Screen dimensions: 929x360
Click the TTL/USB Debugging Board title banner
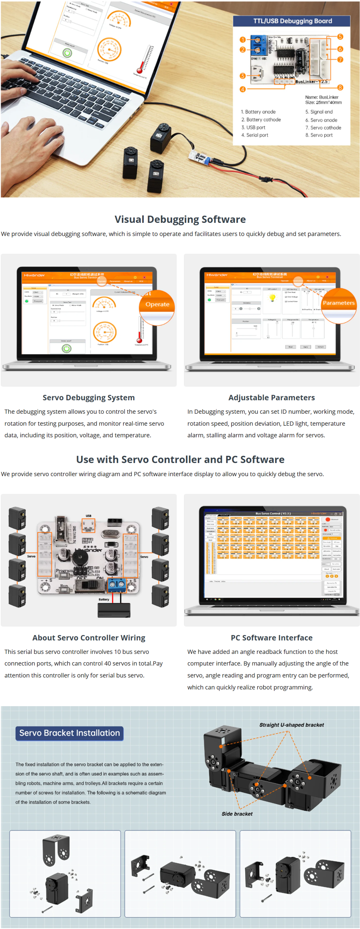click(292, 21)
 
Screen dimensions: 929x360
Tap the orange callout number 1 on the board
click(242, 40)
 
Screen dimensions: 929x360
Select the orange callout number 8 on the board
click(340, 87)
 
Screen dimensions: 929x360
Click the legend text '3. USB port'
click(253, 127)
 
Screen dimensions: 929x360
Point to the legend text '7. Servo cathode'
click(323, 128)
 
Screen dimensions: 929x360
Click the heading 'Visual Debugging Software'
click(180, 219)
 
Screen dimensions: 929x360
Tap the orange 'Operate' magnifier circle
click(157, 305)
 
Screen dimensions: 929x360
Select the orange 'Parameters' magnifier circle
click(339, 303)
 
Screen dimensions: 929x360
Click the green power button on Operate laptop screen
click(67, 348)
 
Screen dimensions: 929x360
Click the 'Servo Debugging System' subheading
click(89, 398)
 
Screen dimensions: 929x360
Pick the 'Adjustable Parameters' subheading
click(271, 398)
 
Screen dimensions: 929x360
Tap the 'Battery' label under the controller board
click(104, 599)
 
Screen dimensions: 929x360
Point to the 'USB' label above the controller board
click(89, 516)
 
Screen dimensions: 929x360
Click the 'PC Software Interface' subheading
click(271, 638)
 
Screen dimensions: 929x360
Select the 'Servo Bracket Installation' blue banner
click(69, 733)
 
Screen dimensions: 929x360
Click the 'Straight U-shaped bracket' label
click(291, 725)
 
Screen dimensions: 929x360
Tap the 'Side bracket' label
click(237, 814)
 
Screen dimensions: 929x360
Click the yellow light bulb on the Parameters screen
click(272, 298)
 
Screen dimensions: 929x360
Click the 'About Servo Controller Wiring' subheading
click(89, 638)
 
